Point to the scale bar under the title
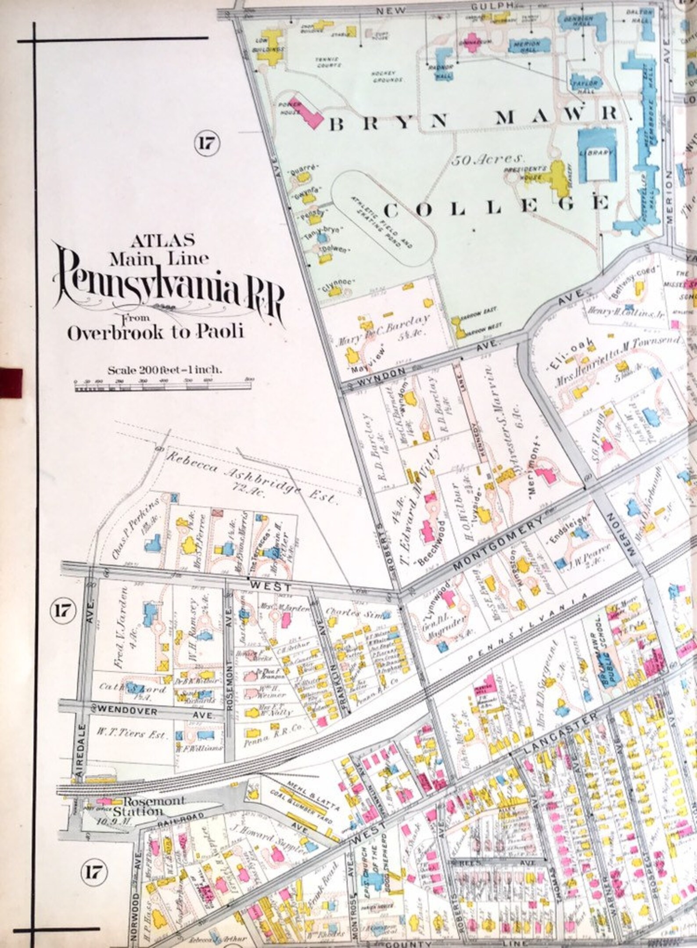(162, 388)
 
